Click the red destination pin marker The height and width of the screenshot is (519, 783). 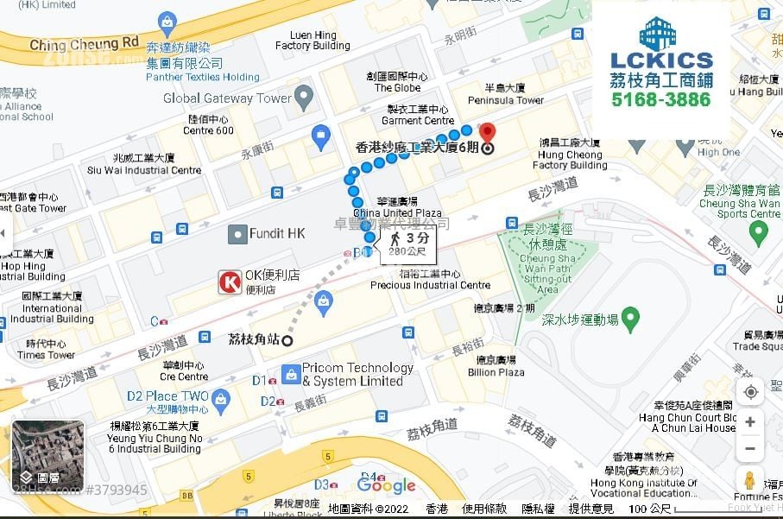(487, 134)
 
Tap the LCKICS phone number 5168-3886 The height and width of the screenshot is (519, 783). (660, 99)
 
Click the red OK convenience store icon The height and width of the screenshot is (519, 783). (230, 282)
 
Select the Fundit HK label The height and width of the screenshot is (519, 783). (277, 234)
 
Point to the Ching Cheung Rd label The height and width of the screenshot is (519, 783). (84, 43)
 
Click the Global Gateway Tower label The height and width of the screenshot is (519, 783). (227, 98)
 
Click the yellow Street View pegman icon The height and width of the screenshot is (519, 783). (749, 481)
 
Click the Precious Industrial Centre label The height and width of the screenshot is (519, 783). (430, 285)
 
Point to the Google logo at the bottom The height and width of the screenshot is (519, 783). (386, 485)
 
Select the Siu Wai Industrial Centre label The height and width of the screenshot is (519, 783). (144, 170)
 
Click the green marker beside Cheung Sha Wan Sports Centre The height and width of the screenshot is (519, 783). (758, 232)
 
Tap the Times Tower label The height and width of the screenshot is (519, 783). (46, 355)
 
